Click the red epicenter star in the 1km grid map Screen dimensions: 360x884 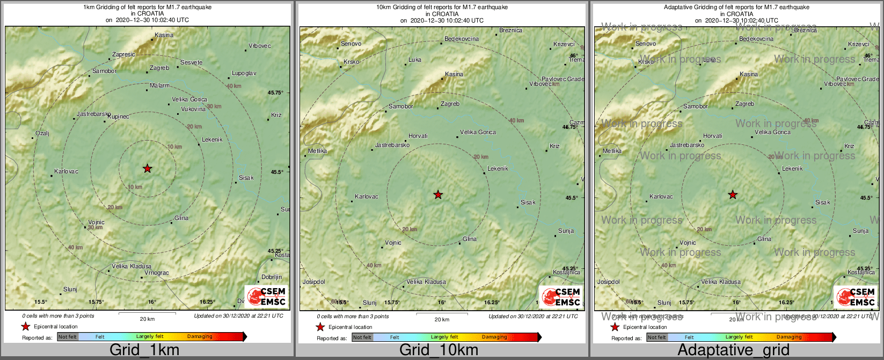pyautogui.click(x=148, y=168)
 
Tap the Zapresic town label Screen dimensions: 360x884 pyautogui.click(x=123, y=55)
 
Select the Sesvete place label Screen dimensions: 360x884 pyautogui.click(x=191, y=62)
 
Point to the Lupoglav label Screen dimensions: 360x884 pyautogui.click(x=244, y=73)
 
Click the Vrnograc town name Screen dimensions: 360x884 pyautogui.click(x=157, y=273)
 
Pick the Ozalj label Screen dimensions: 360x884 pyautogui.click(x=42, y=133)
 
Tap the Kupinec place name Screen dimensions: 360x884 pyautogui.click(x=118, y=116)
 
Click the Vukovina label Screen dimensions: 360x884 pyautogui.click(x=193, y=109)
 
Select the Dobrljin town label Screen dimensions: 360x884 pyautogui.click(x=272, y=277)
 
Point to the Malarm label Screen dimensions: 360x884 pyautogui.click(x=159, y=85)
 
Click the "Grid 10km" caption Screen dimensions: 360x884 pyautogui.click(x=439, y=350)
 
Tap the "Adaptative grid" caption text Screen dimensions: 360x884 pyautogui.click(x=733, y=350)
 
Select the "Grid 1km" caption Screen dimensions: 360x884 pyautogui.click(x=144, y=350)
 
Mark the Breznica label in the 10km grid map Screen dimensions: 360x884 pyautogui.click(x=510, y=31)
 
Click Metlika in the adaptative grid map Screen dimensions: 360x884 pyautogui.click(x=612, y=151)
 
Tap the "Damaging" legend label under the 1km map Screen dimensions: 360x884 pyautogui.click(x=200, y=336)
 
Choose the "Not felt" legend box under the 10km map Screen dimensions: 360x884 pyautogui.click(x=362, y=337)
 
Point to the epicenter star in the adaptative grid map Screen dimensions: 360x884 pyautogui.click(x=733, y=195)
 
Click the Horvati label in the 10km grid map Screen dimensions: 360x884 pyautogui.click(x=418, y=136)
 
